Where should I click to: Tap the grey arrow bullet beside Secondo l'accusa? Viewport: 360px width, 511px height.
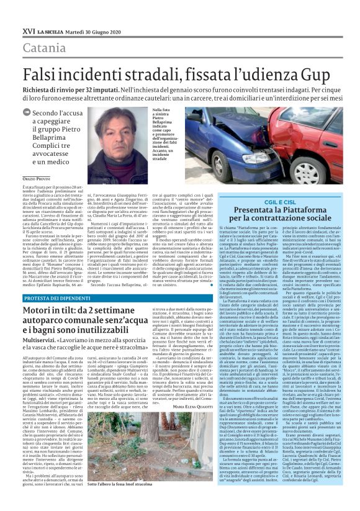click(x=25, y=112)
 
